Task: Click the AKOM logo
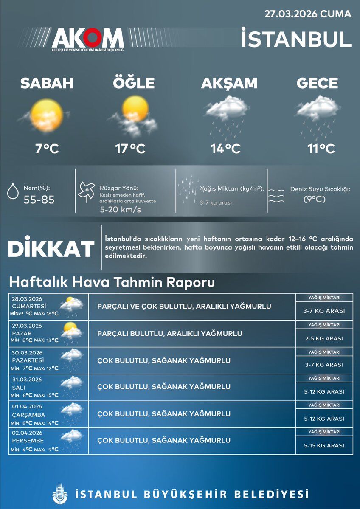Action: pyautogui.click(x=88, y=39)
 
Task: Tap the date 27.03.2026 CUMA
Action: pyautogui.click(x=308, y=14)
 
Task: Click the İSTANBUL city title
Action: pyautogui.click(x=296, y=38)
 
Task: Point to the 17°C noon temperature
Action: pyautogui.click(x=130, y=149)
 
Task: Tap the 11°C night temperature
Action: pyautogui.click(x=321, y=149)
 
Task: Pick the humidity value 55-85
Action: pyautogui.click(x=39, y=200)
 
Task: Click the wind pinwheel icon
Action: pyautogui.click(x=86, y=191)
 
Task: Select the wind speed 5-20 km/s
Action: pyautogui.click(x=120, y=210)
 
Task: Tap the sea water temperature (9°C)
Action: pyautogui.click(x=315, y=199)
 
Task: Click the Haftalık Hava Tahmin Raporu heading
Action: pyautogui.click(x=112, y=282)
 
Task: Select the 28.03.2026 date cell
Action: pyautogui.click(x=27, y=298)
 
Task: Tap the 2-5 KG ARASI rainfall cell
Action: pyautogui.click(x=323, y=339)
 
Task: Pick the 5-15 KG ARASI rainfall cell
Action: pyautogui.click(x=323, y=446)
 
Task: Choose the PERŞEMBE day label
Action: pyautogui.click(x=28, y=441)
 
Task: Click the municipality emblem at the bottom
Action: pyautogui.click(x=60, y=493)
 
